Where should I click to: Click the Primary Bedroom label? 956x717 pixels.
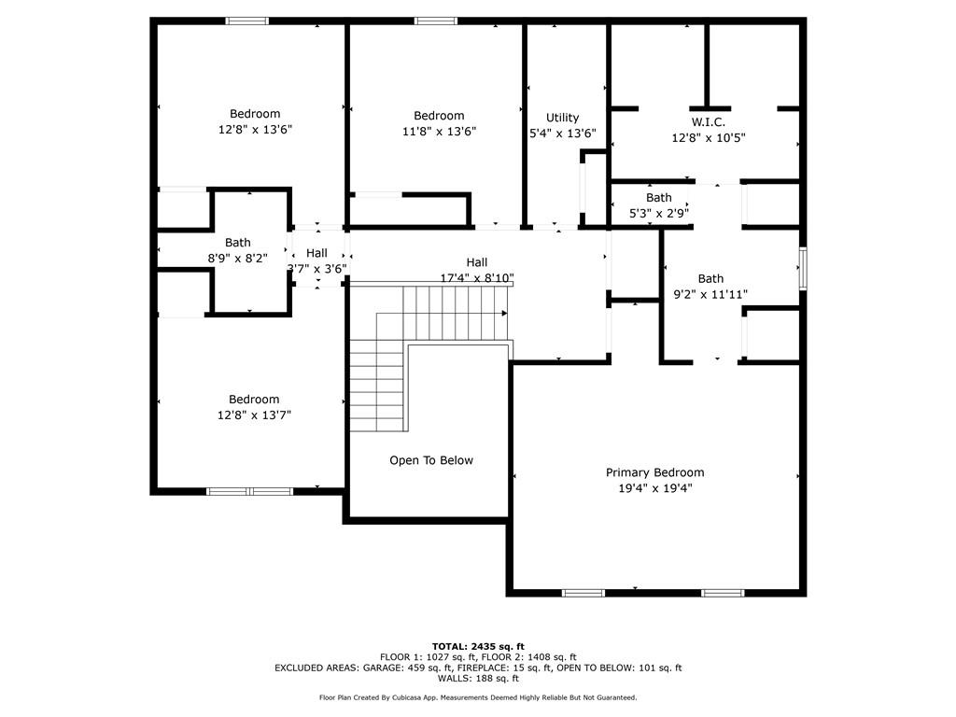click(x=654, y=472)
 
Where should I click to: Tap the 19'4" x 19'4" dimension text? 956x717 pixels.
click(x=654, y=488)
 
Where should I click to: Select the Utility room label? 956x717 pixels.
click(x=562, y=118)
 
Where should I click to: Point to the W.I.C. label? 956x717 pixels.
click(x=708, y=122)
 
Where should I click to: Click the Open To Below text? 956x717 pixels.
click(x=431, y=460)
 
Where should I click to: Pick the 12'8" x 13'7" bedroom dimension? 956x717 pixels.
click(x=254, y=415)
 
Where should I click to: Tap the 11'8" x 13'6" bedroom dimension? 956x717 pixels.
click(x=439, y=132)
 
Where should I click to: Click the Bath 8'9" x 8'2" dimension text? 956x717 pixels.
click(x=237, y=259)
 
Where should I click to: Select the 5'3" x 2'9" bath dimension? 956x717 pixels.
click(x=659, y=213)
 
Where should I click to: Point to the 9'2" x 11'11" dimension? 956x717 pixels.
click(x=710, y=294)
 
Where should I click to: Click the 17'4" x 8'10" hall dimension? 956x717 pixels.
click(x=477, y=278)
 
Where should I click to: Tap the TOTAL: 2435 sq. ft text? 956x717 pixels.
click(x=478, y=646)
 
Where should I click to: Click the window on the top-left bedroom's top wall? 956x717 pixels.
click(x=247, y=21)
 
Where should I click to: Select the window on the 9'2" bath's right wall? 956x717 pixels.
click(x=802, y=269)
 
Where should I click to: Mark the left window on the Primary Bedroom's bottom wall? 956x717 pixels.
click(x=583, y=593)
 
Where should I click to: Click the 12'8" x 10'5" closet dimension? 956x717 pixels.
click(x=708, y=138)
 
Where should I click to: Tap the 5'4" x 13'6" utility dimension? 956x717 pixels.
click(x=562, y=134)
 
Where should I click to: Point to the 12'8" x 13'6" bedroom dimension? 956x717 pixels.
click(x=256, y=130)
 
